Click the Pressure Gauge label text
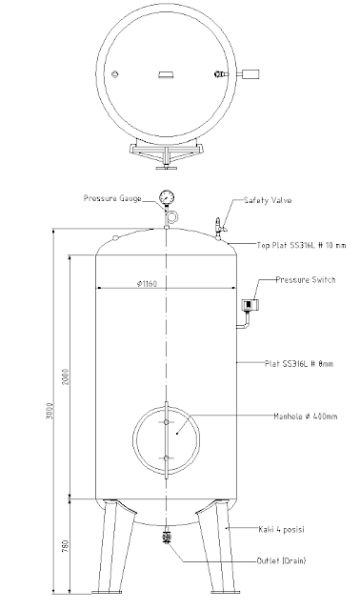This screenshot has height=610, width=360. click(112, 198)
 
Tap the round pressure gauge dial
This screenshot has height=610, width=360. click(167, 197)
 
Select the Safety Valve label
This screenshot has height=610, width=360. click(268, 200)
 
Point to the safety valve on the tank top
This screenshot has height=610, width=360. click(219, 227)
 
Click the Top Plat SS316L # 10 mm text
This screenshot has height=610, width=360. click(301, 245)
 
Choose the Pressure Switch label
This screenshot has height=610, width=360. click(305, 279)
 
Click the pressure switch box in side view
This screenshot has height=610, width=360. click(248, 305)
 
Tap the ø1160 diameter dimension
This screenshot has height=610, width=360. click(147, 284)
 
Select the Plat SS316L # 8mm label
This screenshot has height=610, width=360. click(299, 364)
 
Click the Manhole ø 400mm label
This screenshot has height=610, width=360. click(305, 417)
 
